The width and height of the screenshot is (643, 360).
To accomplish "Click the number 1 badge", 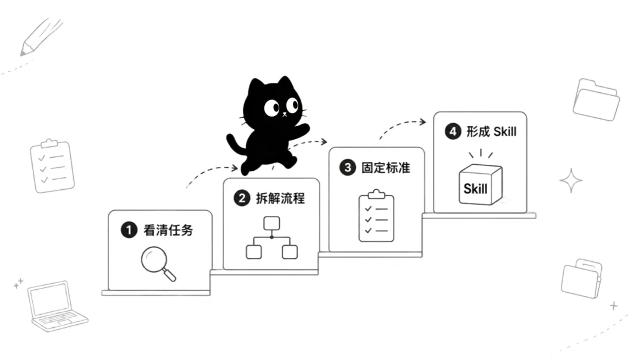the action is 129,230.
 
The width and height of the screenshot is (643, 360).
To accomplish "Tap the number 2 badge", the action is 242,199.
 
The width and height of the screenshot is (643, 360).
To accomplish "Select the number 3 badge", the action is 347,168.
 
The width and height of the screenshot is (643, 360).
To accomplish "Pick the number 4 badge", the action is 452,132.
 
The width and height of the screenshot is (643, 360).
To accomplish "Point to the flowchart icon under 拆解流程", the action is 271,238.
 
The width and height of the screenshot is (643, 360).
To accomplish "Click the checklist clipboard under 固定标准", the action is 376,215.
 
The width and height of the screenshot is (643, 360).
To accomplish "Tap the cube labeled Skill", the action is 480,184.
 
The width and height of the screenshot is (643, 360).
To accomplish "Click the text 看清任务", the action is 168,230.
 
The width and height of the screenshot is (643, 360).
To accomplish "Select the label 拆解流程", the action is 280,199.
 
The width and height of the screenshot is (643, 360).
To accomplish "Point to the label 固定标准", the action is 386,168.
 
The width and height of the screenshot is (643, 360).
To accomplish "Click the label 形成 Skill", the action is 491,132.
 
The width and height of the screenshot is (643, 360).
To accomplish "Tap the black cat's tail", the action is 234,143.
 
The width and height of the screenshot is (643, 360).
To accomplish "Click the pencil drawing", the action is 40,37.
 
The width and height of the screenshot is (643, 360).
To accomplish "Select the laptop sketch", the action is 57,306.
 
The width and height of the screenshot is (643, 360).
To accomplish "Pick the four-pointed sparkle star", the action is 571,180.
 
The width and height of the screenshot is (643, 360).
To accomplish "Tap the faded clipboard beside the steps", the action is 52,166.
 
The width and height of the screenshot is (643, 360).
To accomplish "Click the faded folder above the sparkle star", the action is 596,99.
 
